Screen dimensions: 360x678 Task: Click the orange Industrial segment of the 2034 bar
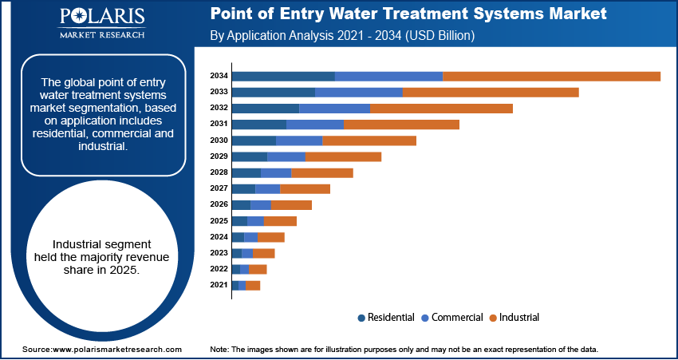coord(551,76)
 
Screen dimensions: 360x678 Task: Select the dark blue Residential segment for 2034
coord(283,76)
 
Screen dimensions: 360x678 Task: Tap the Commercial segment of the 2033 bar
coord(359,92)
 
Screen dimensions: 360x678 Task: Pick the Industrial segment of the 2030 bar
coord(369,140)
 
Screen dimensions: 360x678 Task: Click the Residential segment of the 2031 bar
coord(258,125)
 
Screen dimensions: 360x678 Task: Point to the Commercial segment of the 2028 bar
coord(276,172)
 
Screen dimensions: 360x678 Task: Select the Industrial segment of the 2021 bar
coord(253,285)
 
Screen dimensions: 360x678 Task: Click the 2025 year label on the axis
coord(219,221)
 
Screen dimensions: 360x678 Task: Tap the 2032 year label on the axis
coord(219,108)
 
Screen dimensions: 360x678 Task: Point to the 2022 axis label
coord(219,269)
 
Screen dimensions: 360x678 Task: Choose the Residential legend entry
coord(386,318)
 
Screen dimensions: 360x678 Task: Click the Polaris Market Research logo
coord(101,24)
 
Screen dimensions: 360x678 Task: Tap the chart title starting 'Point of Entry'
coord(408,14)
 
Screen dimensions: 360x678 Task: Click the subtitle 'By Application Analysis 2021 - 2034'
coord(343,36)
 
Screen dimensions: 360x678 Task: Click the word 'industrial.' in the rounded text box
coord(102,147)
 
